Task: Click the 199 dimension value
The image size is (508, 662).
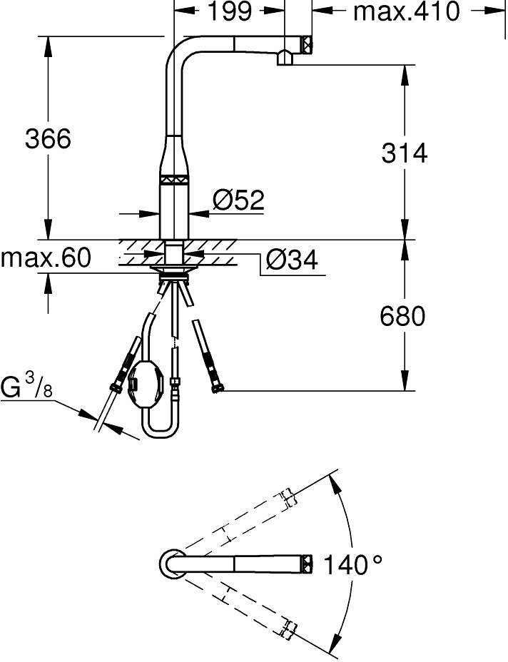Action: (x=230, y=12)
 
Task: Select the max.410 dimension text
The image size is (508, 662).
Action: (x=406, y=12)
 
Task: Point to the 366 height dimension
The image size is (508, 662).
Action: (x=48, y=138)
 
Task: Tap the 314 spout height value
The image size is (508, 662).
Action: (x=405, y=153)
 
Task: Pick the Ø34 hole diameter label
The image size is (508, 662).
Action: (x=292, y=260)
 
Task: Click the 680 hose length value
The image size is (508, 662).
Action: (x=402, y=316)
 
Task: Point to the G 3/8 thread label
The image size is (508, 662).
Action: (x=26, y=388)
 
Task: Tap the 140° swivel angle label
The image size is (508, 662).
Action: (x=353, y=565)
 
